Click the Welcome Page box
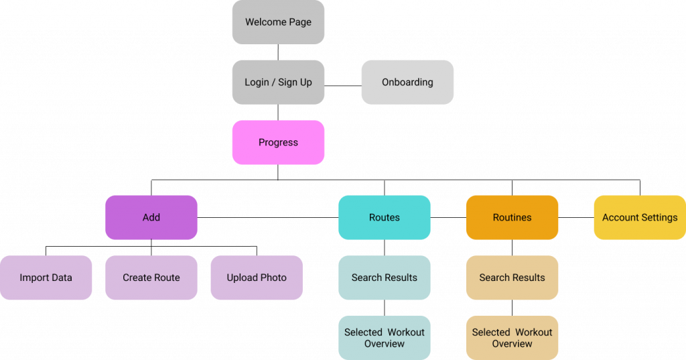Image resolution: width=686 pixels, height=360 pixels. [278, 22]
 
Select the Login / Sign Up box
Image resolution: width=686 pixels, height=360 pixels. [278, 82]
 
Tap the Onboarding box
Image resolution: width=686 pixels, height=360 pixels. [407, 82]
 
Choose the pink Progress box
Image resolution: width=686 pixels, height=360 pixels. [278, 142]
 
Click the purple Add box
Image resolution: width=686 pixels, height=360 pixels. [151, 217]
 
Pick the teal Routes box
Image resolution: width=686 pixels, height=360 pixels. [385, 217]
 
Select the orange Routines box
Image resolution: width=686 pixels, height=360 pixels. [512, 217]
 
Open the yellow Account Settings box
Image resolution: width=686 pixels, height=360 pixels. [640, 217]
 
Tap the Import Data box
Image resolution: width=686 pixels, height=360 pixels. [46, 278]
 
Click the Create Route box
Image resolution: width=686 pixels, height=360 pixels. [151, 278]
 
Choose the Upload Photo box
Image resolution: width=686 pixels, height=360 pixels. [257, 278]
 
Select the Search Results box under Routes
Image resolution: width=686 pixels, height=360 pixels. [385, 278]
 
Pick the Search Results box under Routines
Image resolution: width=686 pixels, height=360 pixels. [512, 278]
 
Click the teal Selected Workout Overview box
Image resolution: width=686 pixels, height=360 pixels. [385, 338]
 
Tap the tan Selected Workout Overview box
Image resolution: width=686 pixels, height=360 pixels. [512, 338]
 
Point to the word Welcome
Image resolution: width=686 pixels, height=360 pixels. [266, 22]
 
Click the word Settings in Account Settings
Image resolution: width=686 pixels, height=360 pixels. [659, 217]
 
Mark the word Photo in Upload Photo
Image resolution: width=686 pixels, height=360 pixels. [273, 278]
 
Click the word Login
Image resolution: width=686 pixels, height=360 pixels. [257, 82]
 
